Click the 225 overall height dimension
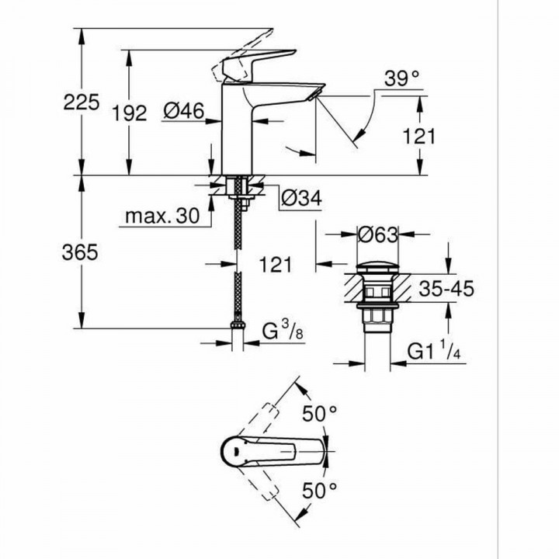click(82, 102)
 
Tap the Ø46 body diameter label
click(183, 113)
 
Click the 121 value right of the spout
click(419, 136)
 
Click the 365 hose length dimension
click(82, 252)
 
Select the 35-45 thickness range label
click(444, 290)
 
